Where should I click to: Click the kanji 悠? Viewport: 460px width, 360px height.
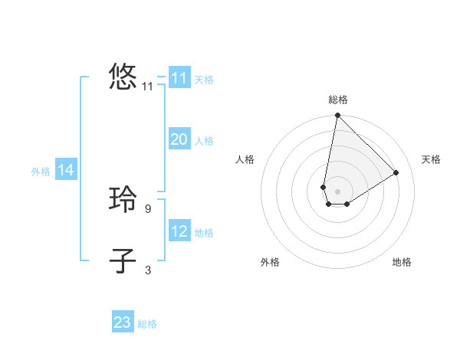coord(123,77)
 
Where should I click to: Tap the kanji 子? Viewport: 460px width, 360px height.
coord(123,260)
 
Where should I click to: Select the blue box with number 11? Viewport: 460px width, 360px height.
coord(179,78)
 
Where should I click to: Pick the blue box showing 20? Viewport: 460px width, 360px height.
coord(179,139)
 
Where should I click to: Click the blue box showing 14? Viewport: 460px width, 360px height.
coord(66,171)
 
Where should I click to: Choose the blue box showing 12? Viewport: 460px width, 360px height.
coord(179,231)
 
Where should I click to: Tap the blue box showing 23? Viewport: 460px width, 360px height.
coord(123,322)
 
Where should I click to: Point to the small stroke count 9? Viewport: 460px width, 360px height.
coord(148,208)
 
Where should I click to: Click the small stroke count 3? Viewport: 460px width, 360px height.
coord(148,269)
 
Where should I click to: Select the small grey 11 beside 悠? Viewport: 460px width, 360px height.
coord(148,87)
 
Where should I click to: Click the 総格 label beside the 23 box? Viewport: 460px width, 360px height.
coord(147,324)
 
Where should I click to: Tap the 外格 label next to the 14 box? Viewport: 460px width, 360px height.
coord(41,172)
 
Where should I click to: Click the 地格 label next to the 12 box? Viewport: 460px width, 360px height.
coord(204,233)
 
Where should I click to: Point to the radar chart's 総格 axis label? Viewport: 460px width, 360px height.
coord(338,100)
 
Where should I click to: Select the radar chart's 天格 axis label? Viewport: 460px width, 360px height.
coord(431,159)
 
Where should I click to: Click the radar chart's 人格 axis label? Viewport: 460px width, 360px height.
coord(245,159)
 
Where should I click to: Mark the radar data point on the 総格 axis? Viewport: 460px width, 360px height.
coord(337,116)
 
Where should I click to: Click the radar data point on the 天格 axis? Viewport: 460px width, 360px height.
coord(396,172)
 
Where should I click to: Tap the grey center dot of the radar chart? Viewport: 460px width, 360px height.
coord(337,191)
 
